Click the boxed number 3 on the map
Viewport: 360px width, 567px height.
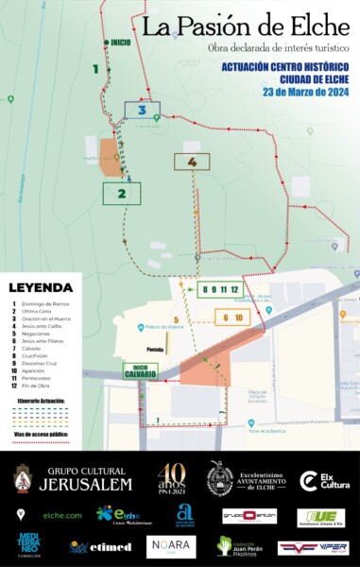pyautogui.click(x=142, y=110)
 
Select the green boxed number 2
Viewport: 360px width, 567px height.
pyautogui.click(x=121, y=194)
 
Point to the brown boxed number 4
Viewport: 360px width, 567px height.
pyautogui.click(x=192, y=162)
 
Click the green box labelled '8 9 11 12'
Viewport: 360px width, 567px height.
pyautogui.click(x=221, y=289)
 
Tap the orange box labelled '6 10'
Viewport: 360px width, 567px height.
pyautogui.click(x=232, y=318)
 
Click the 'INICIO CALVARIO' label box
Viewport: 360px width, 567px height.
pyautogui.click(x=140, y=371)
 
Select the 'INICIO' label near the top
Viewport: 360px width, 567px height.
pyautogui.click(x=120, y=43)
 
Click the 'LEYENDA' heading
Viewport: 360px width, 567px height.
pyautogui.click(x=41, y=287)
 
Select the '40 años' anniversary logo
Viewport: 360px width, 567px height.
pyautogui.click(x=171, y=478)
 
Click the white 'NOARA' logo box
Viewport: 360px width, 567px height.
pyautogui.click(x=171, y=546)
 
